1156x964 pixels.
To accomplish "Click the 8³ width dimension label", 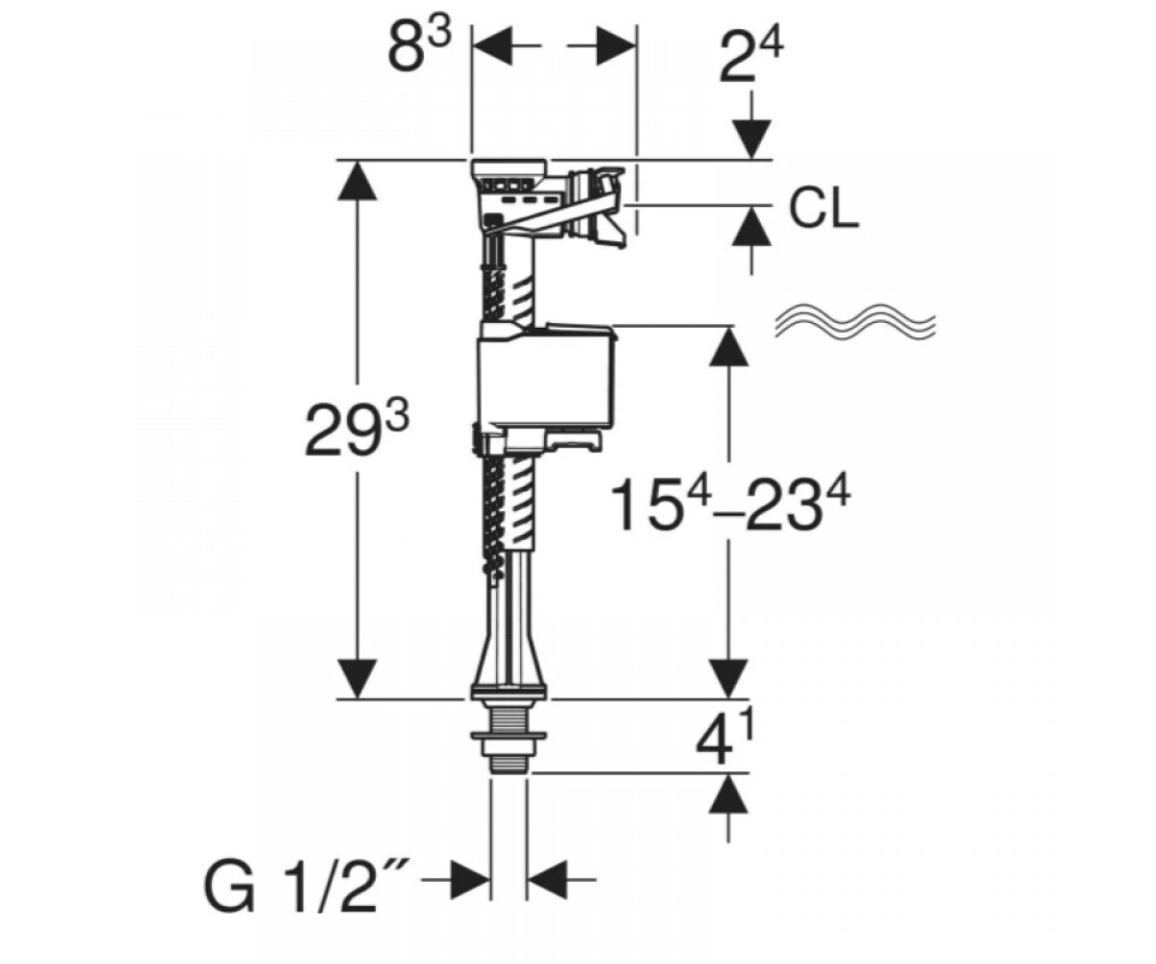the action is click(420, 47).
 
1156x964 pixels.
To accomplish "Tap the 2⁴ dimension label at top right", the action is click(750, 57).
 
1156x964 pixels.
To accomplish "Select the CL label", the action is click(824, 210).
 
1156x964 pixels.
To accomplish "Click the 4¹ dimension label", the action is click(725, 738).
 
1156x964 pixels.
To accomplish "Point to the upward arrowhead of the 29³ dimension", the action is click(357, 181).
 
